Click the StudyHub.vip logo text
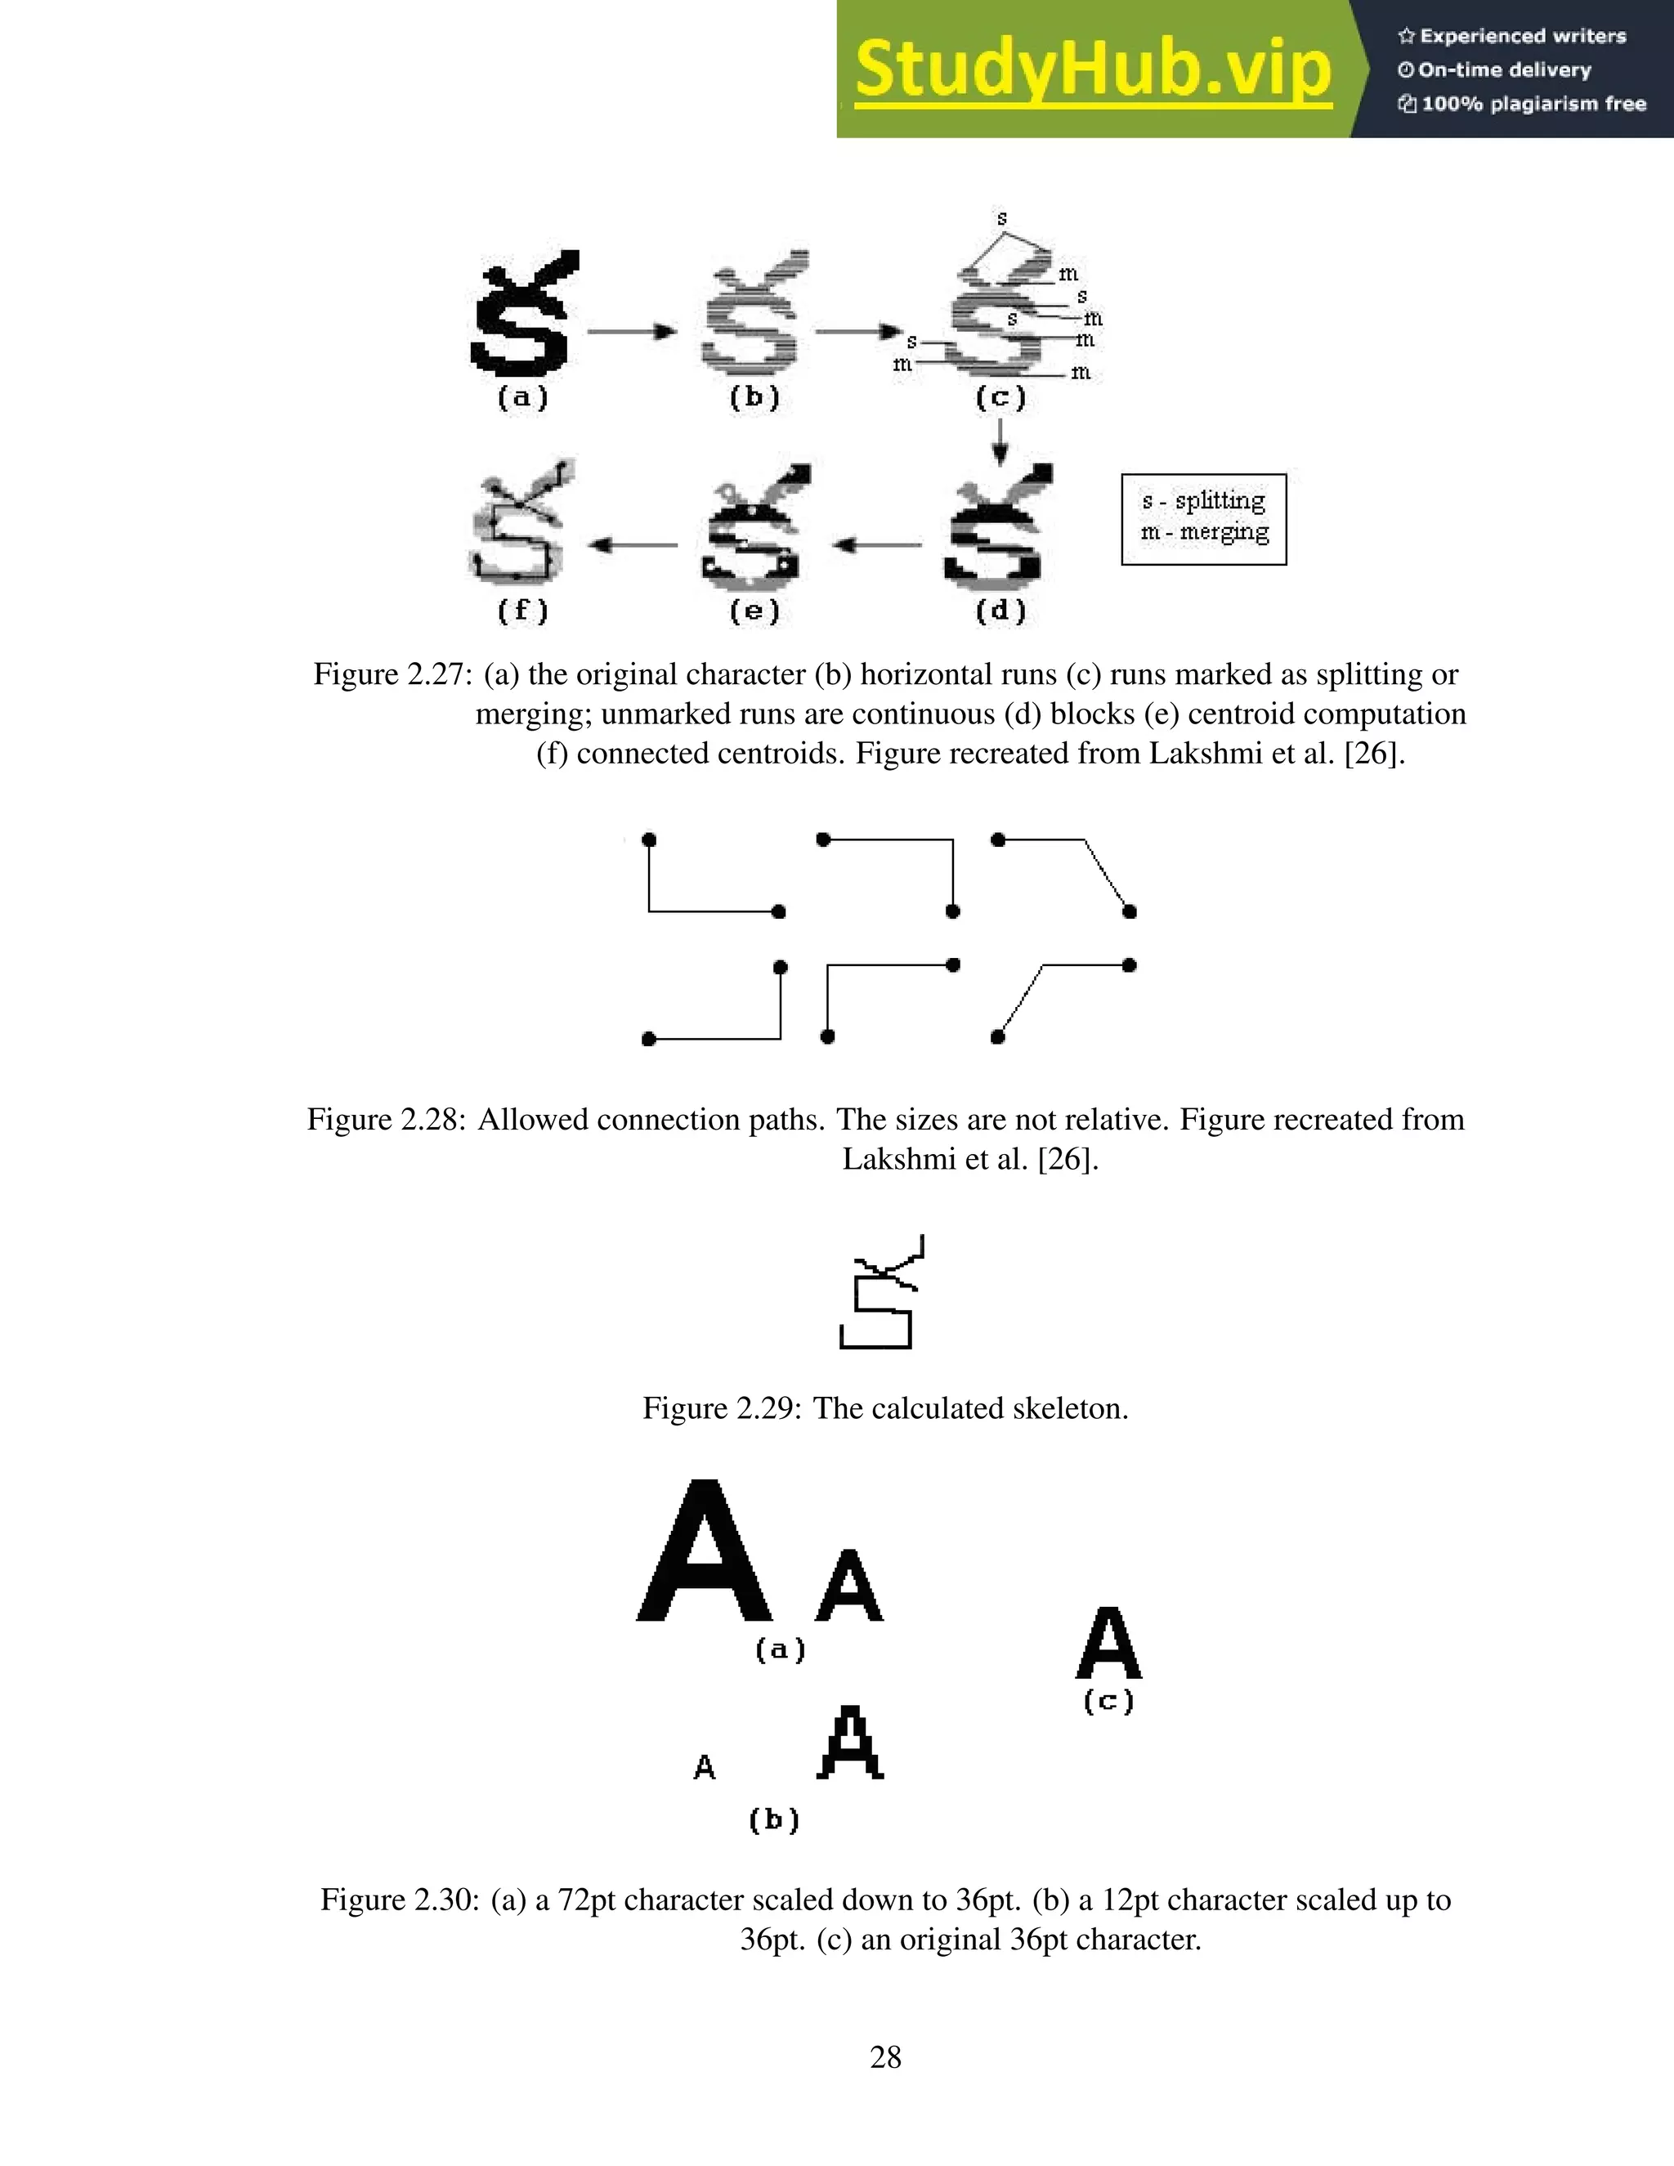pos(1092,69)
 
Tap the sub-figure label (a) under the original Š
pos(522,398)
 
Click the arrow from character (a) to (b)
pos(632,331)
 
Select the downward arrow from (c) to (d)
pos(1000,441)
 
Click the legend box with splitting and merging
pos(1203,519)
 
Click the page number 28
pos(885,2057)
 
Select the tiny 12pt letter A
pos(704,1767)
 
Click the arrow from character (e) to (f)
pos(632,544)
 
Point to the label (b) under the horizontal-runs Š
pos(754,398)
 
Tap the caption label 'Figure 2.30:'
pos(400,1900)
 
